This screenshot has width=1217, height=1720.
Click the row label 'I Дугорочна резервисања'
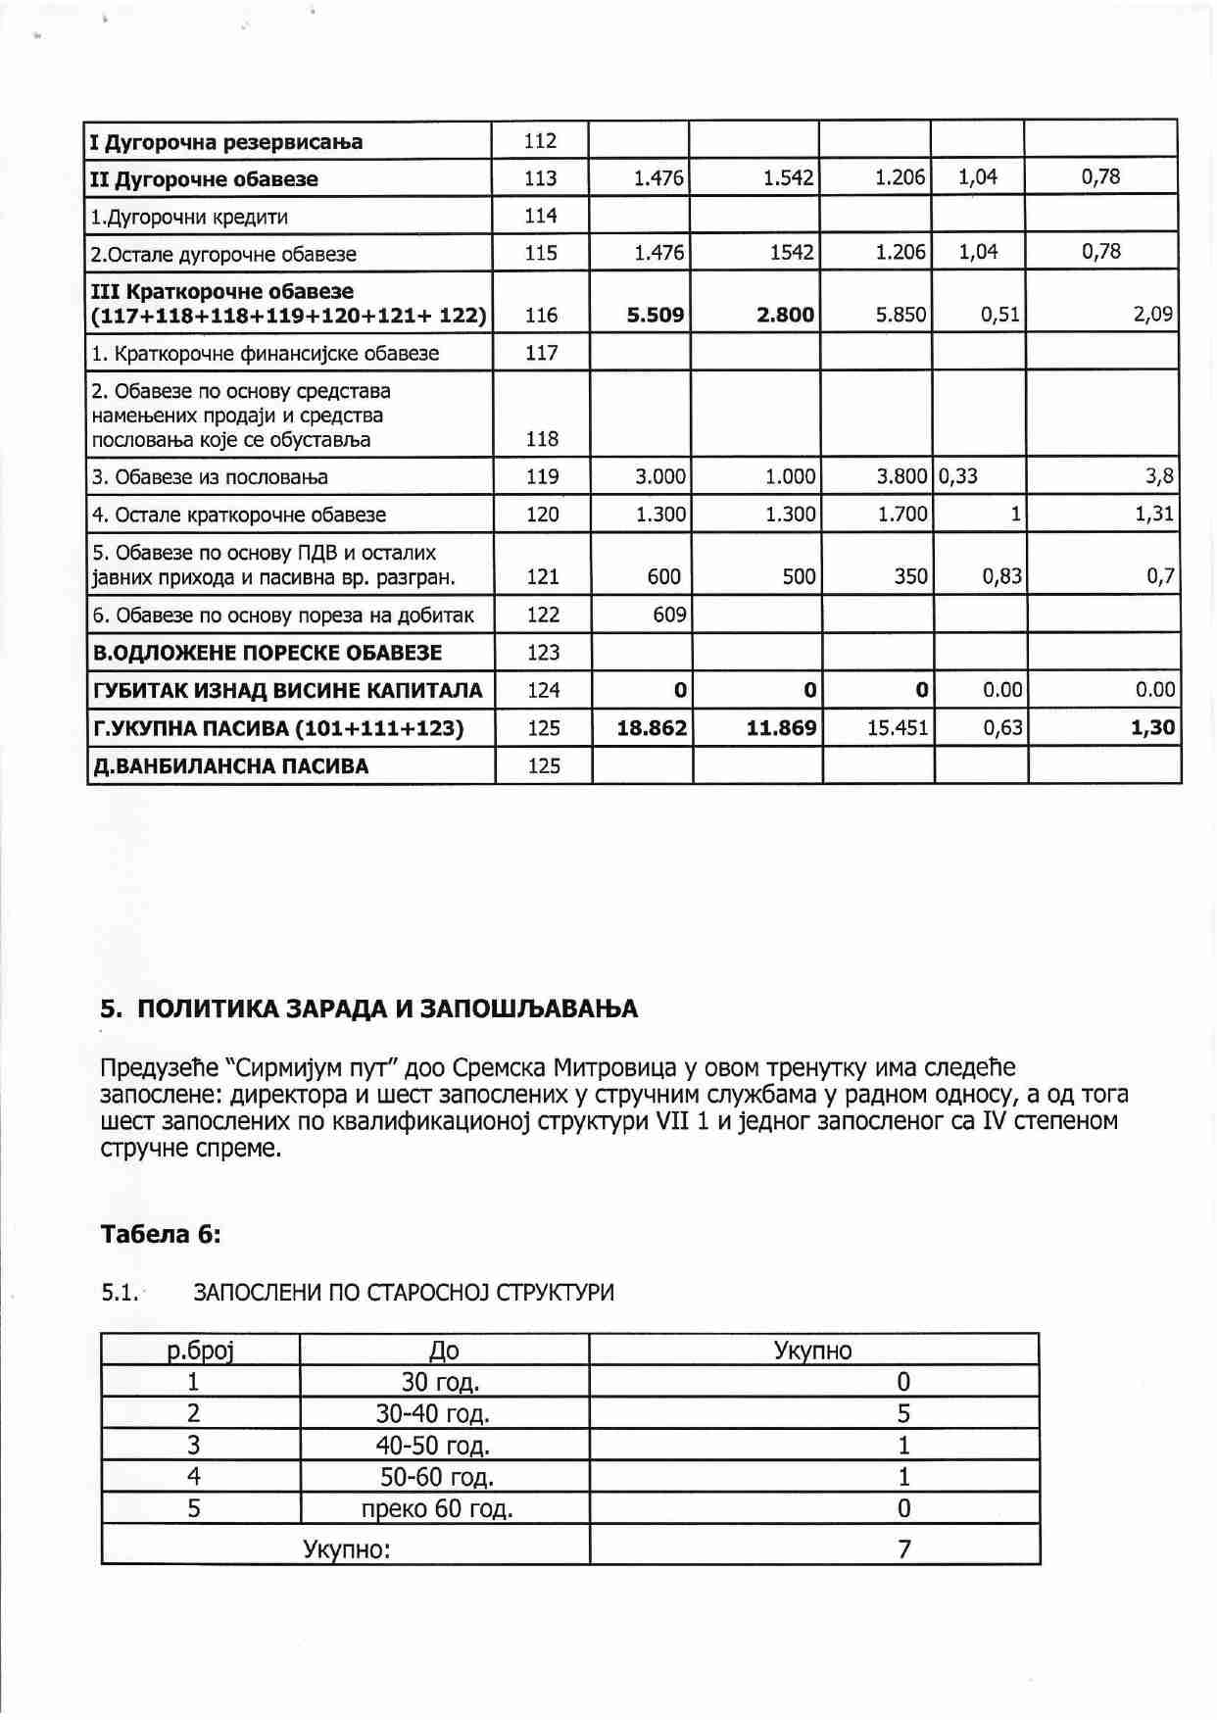point(226,142)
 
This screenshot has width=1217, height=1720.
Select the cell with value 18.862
point(652,728)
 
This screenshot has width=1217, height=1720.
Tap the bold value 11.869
point(781,728)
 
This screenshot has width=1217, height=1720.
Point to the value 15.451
point(897,728)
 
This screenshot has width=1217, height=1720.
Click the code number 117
point(542,353)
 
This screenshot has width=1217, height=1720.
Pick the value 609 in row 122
point(669,614)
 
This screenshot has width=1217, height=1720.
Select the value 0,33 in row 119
point(958,476)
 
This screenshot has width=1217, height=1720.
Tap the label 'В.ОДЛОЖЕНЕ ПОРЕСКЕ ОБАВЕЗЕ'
point(267,653)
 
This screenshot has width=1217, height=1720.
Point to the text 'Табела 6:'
point(161,1234)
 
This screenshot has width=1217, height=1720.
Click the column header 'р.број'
point(200,1351)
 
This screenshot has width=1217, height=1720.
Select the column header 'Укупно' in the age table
point(812,1351)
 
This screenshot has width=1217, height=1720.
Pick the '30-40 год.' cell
point(433,1413)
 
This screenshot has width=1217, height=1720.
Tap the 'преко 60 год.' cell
point(437,1507)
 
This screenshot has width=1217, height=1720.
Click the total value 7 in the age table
point(903,1548)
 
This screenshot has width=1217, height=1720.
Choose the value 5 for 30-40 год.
point(903,1413)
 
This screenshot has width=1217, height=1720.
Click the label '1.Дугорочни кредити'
point(189,217)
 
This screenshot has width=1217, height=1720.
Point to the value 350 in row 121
point(910,576)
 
